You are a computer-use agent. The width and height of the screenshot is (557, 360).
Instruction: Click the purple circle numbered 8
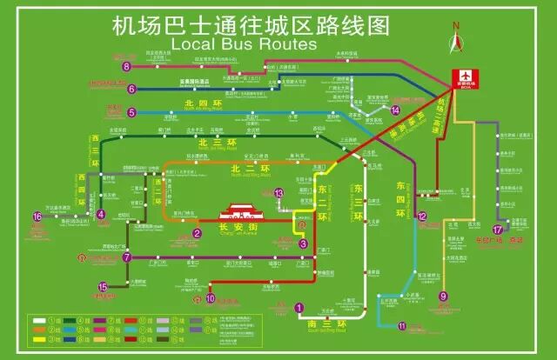point(127,66)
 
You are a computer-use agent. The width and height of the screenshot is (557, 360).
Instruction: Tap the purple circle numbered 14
point(395,110)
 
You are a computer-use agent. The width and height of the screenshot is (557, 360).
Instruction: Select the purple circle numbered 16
point(37,217)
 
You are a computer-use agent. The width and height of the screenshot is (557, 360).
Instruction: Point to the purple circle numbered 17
point(497,229)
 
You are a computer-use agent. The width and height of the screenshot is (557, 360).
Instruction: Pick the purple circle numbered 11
point(402,326)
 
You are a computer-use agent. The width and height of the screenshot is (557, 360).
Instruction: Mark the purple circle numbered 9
point(443,297)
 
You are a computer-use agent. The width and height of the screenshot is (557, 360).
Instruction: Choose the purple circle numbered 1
point(299,307)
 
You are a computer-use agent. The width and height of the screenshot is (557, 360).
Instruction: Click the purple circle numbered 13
point(279,193)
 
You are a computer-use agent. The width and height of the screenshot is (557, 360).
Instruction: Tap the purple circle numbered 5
point(131,112)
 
